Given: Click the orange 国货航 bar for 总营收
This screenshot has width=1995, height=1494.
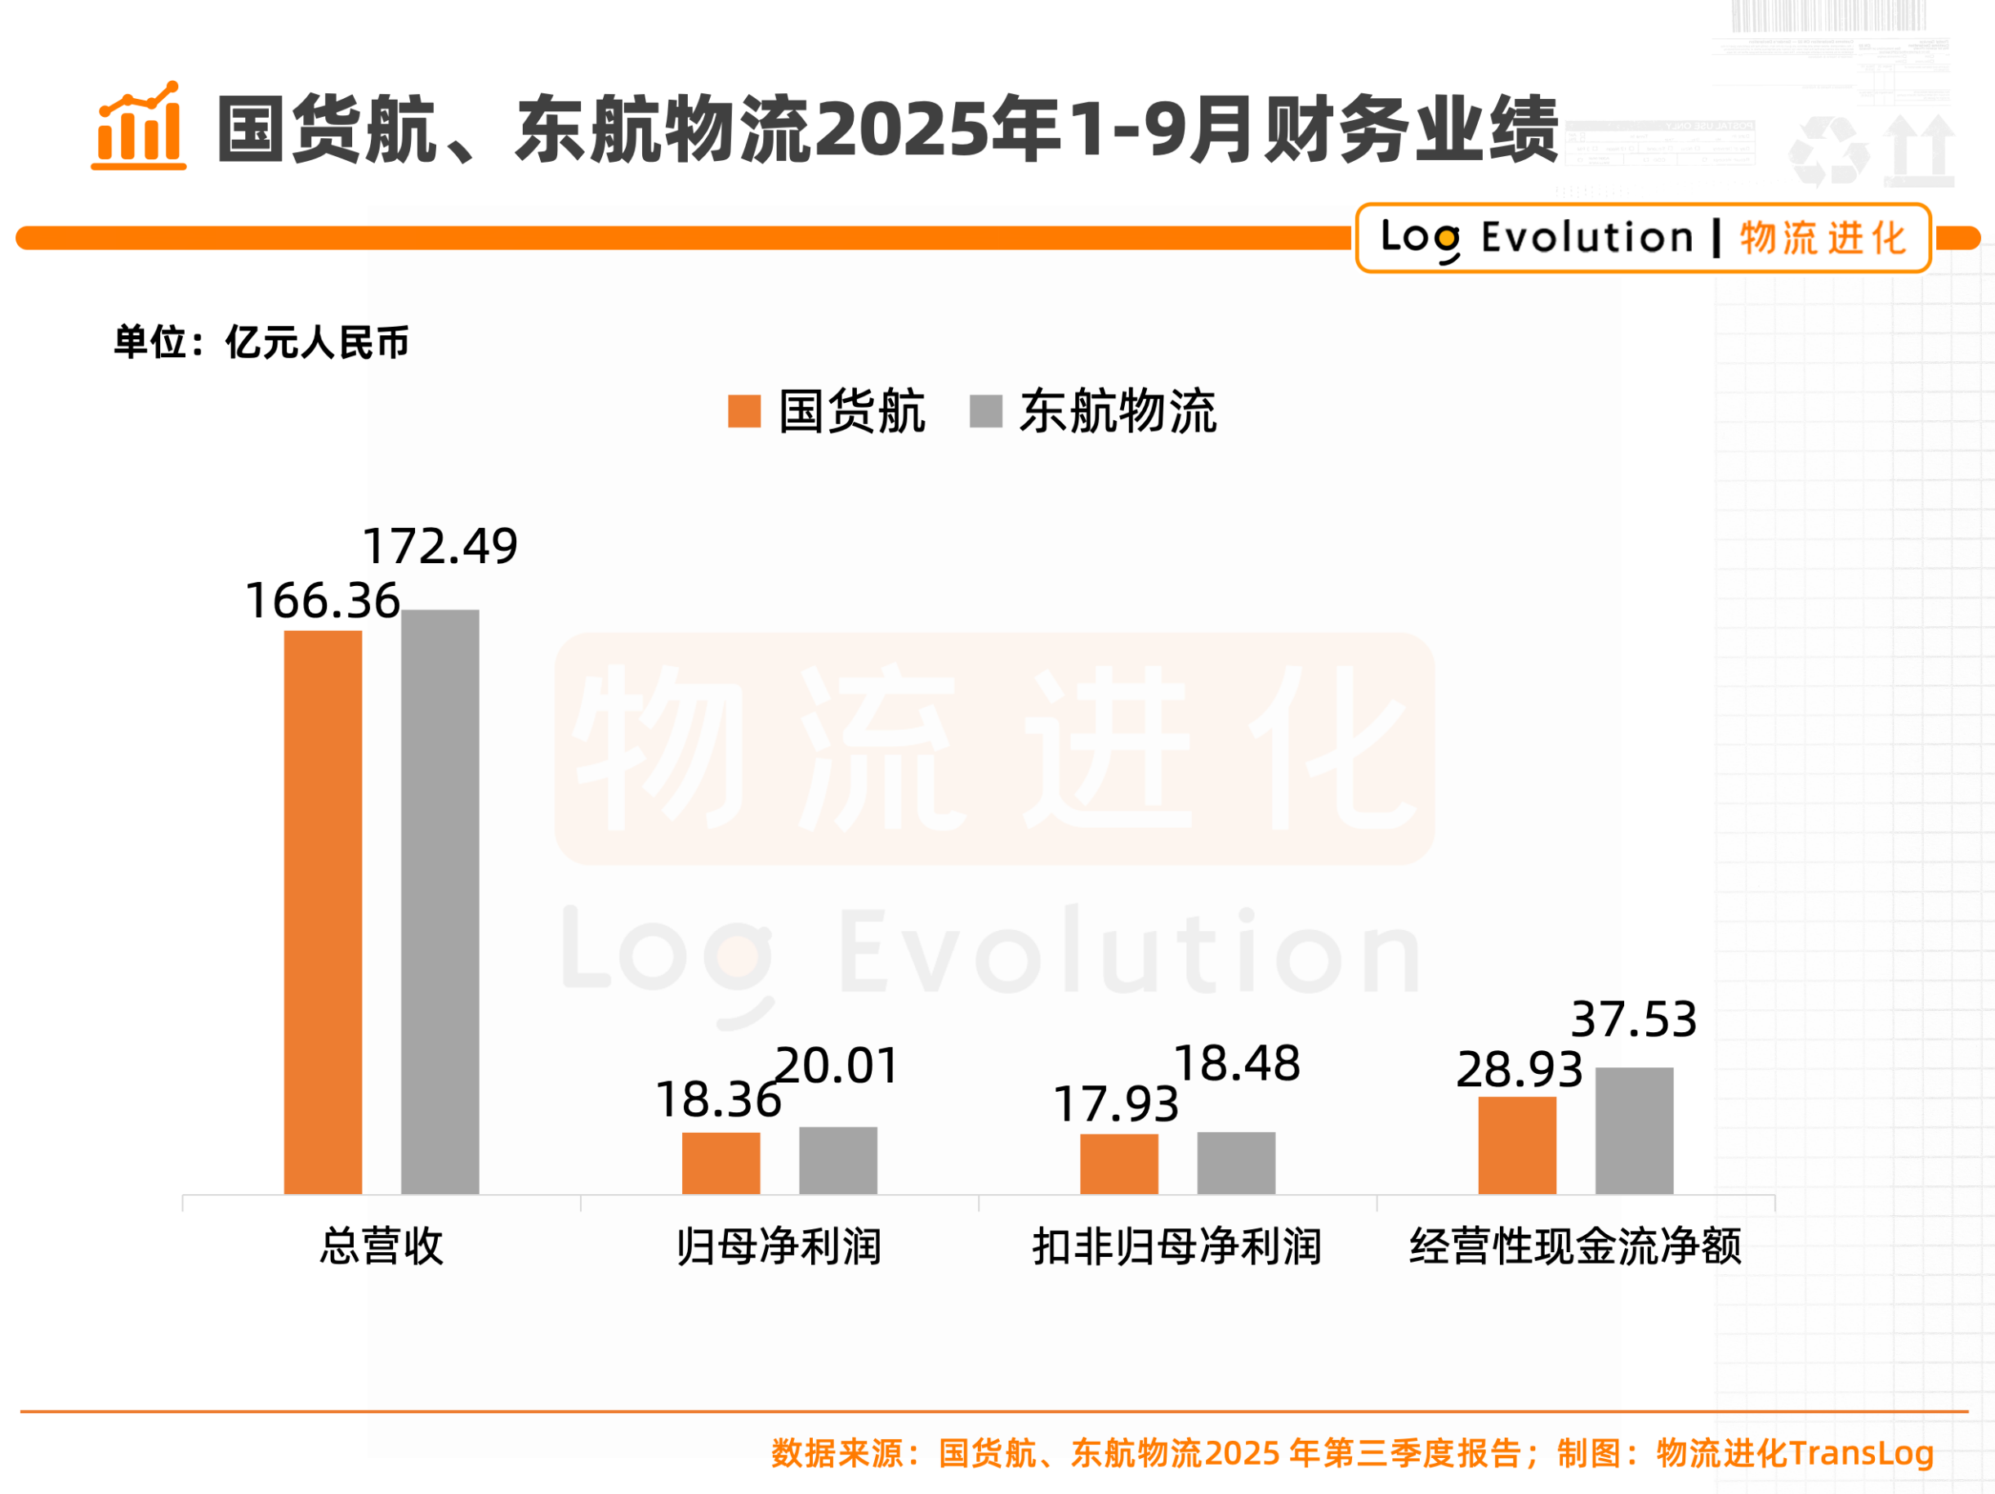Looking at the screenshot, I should point(323,911).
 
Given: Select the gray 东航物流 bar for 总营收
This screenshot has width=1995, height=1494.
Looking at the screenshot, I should point(440,901).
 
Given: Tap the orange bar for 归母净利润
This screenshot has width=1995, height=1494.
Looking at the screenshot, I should point(721,1163).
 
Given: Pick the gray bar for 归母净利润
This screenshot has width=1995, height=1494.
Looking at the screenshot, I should point(838,1161).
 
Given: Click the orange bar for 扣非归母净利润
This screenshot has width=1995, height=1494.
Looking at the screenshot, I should point(1119,1164).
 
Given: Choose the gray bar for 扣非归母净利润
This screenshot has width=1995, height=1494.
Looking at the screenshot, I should point(1235,1163).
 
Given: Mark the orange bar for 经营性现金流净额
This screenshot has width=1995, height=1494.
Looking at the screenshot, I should point(1517,1145).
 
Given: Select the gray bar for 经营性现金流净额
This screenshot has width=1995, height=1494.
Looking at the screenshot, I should point(1634,1130).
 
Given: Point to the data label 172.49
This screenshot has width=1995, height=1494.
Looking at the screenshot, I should point(440,546).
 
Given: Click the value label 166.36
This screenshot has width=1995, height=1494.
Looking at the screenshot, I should point(323,601).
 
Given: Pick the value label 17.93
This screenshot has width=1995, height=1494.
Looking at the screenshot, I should point(1116,1104).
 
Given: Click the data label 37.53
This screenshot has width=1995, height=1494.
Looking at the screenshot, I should point(1633,1019).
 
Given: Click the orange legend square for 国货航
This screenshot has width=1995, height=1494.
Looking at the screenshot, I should point(744,411).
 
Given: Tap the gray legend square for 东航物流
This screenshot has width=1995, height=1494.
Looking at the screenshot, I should point(986,411).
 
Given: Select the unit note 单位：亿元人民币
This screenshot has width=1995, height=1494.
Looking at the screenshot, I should point(261,342).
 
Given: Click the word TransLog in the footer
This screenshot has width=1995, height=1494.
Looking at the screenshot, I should point(1862,1453).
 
